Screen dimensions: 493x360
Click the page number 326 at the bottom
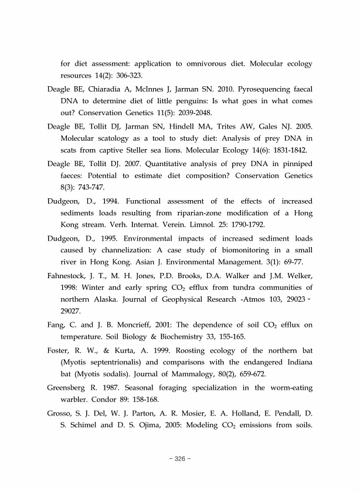(180, 458)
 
